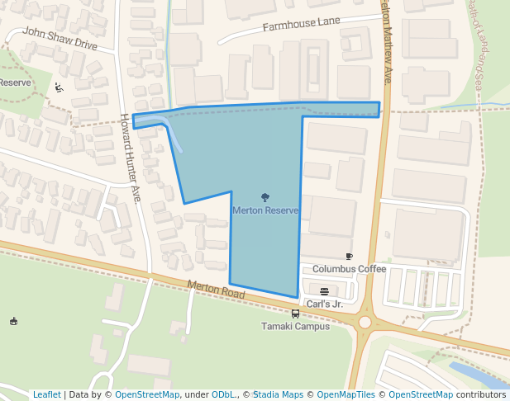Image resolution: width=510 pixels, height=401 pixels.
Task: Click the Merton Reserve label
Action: click(x=265, y=210)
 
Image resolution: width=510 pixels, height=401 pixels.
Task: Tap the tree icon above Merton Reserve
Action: click(x=265, y=197)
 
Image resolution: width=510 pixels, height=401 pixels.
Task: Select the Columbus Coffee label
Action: click(x=349, y=269)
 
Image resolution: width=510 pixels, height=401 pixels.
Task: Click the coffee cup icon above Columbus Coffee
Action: click(x=349, y=257)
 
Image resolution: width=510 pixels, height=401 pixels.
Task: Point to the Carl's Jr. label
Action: click(x=324, y=304)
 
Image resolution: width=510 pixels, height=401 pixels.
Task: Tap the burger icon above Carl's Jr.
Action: click(x=324, y=291)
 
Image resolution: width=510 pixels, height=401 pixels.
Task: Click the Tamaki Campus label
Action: click(x=295, y=326)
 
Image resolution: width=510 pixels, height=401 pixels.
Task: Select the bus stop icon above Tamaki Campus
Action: click(x=295, y=314)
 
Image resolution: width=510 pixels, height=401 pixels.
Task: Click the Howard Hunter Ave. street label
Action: click(x=131, y=157)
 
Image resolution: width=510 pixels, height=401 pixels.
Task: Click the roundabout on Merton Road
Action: click(x=365, y=322)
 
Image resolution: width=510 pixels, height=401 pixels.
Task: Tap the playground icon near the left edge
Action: click(x=59, y=87)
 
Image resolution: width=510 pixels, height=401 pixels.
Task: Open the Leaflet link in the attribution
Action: click(x=47, y=394)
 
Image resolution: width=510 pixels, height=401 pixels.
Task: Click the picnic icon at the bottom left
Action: click(x=13, y=321)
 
